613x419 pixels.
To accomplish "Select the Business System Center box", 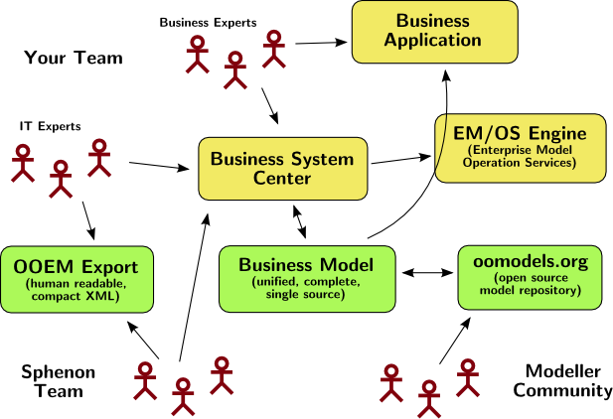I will pos(281,168).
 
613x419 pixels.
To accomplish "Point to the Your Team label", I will pos(73,59).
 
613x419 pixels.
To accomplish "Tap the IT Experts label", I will pos(50,126).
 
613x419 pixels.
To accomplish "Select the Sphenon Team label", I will pos(59,381).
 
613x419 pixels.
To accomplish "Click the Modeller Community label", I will pos(562,380).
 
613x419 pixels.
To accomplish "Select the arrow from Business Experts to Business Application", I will pos(321,43).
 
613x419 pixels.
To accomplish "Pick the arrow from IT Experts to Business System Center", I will pos(160,166).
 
